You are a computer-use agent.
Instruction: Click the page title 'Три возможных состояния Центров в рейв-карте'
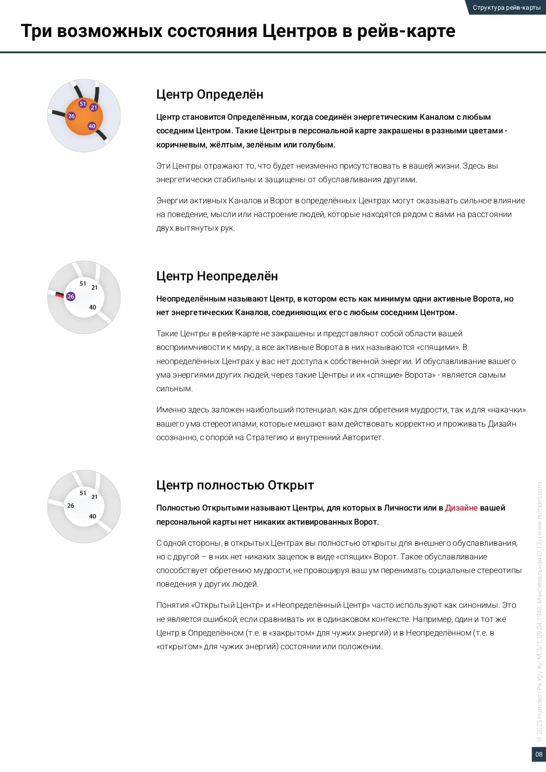[x=238, y=31]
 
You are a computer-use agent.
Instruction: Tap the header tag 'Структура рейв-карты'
[x=506, y=7]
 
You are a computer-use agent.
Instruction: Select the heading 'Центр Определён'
[x=210, y=94]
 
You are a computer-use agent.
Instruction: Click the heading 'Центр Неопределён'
[x=217, y=276]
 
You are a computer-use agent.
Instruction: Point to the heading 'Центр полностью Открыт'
[x=235, y=485]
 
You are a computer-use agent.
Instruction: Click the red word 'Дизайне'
[x=461, y=508]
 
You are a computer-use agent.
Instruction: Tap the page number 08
[x=539, y=754]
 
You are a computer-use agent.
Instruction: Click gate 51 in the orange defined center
[x=82, y=104]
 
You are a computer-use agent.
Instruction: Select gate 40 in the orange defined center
[x=92, y=126]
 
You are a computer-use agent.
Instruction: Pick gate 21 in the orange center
[x=94, y=107]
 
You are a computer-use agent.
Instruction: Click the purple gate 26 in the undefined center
[x=70, y=296]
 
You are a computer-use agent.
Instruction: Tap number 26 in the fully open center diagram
[x=70, y=505]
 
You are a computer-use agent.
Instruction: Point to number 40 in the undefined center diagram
[x=92, y=307]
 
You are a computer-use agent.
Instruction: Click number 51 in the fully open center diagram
[x=83, y=493]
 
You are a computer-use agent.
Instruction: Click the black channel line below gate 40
[x=102, y=135]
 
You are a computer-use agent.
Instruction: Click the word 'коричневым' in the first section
[x=176, y=144]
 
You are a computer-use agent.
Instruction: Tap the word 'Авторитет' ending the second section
[x=363, y=437]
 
